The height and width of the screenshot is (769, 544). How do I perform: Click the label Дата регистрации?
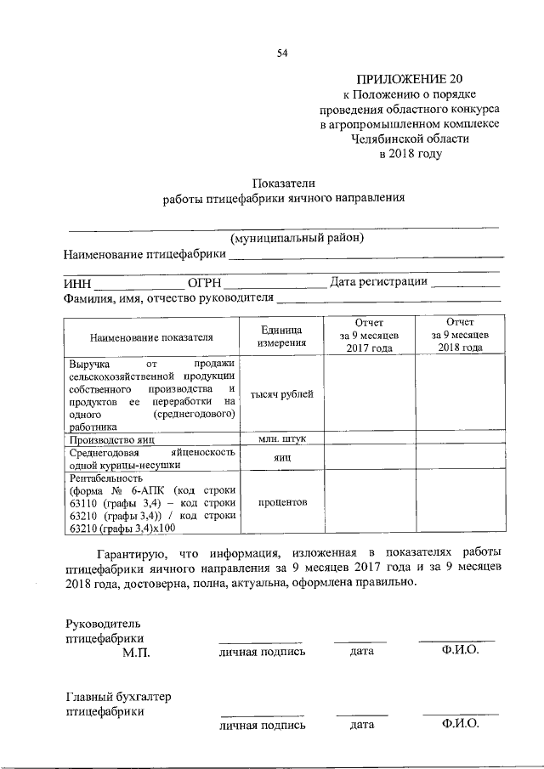(378, 282)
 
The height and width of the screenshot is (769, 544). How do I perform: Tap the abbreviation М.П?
(135, 652)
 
